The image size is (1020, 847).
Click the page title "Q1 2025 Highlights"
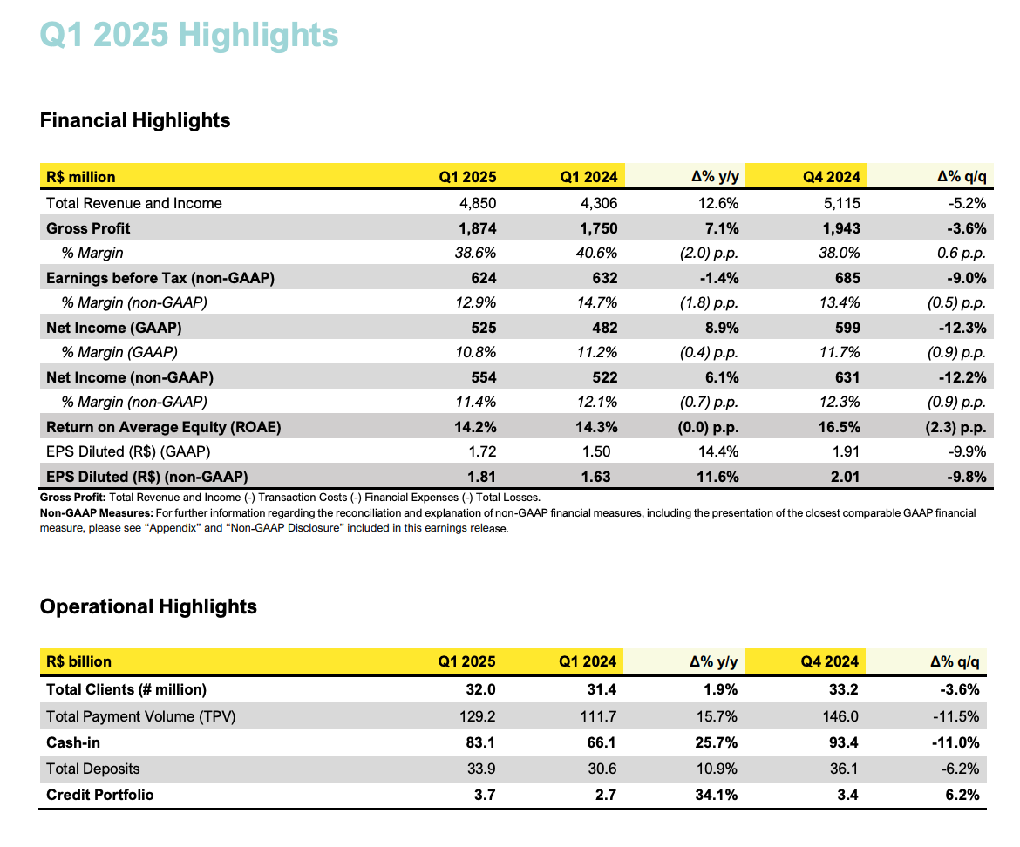coord(189,36)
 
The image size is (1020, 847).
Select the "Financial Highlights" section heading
coord(135,120)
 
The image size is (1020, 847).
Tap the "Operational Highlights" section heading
coord(148,606)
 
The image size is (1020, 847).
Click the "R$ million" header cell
coord(81,177)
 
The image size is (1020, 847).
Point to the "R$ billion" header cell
coord(79,661)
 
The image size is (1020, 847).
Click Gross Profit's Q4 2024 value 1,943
coord(840,228)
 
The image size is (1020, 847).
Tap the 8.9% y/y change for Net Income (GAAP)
coord(721,328)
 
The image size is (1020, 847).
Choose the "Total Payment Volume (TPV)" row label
coord(141,717)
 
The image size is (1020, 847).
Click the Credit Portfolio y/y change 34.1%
coord(719,795)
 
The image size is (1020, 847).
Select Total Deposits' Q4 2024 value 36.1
coord(844,769)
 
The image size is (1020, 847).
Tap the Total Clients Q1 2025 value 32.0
coord(480,689)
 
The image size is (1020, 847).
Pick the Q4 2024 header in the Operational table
coord(830,661)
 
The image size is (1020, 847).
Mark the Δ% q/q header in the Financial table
coord(961,177)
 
